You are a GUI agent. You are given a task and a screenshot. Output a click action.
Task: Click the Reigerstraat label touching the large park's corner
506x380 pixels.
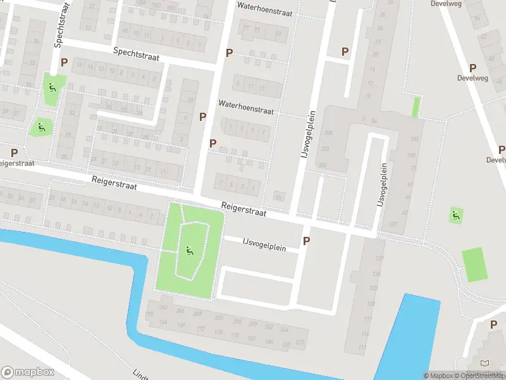[244, 210]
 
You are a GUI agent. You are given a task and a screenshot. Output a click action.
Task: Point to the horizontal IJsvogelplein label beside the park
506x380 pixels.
[264, 244]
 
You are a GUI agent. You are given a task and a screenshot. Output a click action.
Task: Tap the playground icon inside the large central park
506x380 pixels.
[189, 251]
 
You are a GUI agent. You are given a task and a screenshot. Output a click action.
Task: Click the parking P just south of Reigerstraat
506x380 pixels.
[307, 241]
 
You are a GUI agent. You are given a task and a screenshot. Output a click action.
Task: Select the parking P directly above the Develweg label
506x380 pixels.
[472, 68]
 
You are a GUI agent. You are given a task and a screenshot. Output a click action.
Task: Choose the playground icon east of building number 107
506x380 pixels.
[455, 215]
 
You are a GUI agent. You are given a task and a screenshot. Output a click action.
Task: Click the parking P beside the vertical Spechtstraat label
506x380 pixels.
[64, 63]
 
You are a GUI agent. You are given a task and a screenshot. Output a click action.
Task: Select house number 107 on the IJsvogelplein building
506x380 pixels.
[392, 225]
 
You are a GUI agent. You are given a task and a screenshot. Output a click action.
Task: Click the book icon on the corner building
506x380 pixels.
[485, 363]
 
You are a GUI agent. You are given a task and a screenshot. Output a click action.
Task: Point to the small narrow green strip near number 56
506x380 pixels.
[416, 107]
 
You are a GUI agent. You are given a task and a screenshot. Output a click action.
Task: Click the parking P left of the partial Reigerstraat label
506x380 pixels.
[14, 153]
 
